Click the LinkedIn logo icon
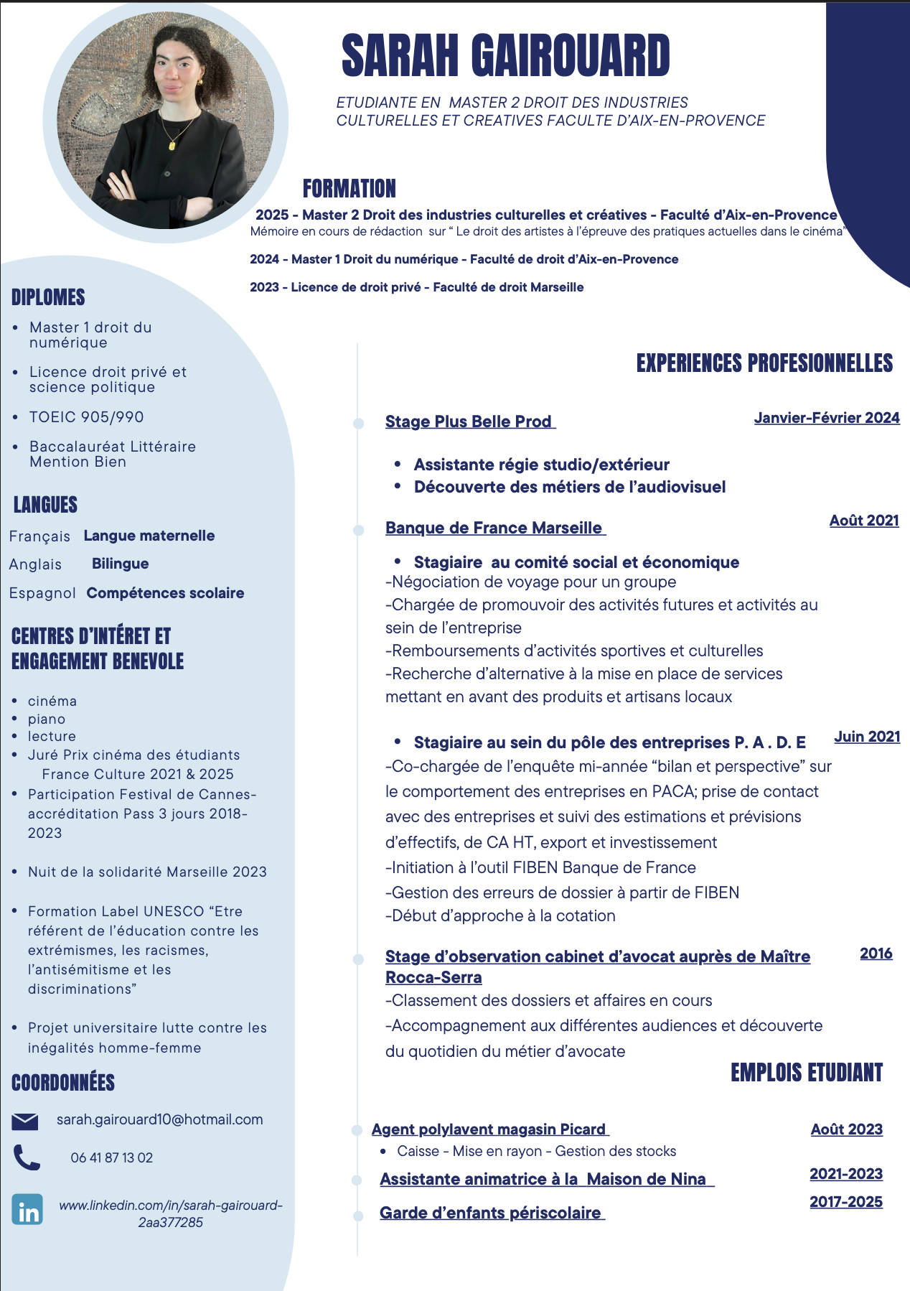[27, 1209]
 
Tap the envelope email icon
[25, 1121]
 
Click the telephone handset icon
[27, 1157]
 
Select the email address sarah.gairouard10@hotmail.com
[159, 1119]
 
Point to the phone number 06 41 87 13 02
[111, 1157]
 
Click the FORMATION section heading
[349, 189]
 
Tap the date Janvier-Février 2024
[826, 418]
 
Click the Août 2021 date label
[864, 521]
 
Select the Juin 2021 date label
[866, 737]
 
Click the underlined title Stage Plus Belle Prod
[469, 421]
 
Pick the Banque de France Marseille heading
[494, 528]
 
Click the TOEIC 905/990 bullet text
[86, 417]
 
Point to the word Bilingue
[120, 564]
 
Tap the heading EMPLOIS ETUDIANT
[806, 1073]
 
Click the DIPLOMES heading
[48, 297]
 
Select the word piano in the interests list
[47, 719]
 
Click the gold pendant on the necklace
[172, 144]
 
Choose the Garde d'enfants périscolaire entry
[491, 1213]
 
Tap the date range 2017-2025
[845, 1202]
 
